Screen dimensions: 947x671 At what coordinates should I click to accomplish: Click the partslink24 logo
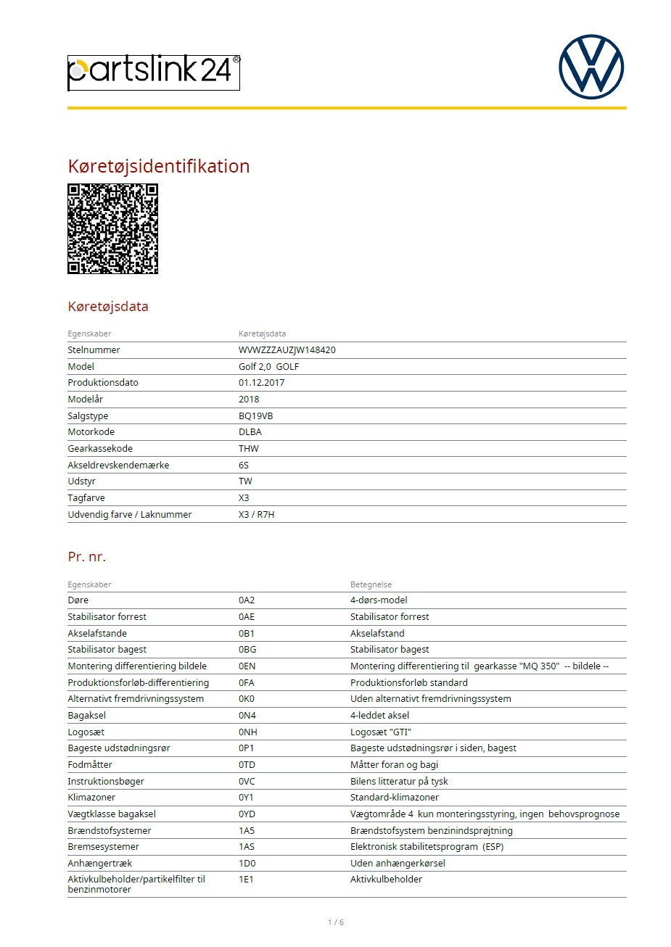153,73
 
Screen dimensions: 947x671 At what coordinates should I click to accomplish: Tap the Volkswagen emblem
591,67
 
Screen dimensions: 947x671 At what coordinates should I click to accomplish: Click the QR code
112,228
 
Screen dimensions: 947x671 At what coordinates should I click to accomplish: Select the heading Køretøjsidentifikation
158,166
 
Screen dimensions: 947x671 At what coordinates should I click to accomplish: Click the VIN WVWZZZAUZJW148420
287,350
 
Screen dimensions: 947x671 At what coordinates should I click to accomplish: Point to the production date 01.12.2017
261,382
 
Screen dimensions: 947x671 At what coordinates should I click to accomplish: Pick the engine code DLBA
250,431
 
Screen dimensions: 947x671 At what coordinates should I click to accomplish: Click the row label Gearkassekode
100,448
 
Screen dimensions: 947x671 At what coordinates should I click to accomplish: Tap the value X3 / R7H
256,514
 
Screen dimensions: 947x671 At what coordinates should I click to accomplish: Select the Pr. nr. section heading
86,556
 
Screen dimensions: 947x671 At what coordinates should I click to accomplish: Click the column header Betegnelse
371,584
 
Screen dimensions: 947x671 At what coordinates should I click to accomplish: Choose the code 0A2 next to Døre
247,600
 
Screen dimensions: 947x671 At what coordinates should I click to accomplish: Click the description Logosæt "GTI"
380,732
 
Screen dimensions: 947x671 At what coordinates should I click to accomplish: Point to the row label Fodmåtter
90,764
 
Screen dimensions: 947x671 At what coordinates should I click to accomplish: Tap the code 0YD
247,814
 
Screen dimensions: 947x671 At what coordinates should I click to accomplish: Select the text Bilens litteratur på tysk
399,781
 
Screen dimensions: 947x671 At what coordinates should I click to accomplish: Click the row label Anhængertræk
99,863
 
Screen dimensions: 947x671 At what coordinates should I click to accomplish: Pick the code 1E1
246,879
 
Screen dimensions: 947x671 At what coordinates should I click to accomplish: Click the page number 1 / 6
336,922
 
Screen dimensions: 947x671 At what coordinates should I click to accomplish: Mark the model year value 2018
249,399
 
